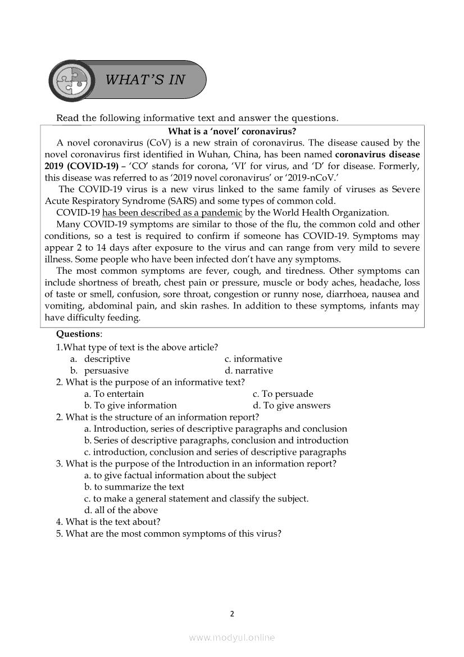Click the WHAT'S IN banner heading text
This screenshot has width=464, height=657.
pyautogui.click(x=145, y=80)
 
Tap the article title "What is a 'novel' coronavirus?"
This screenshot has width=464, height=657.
pyautogui.click(x=232, y=132)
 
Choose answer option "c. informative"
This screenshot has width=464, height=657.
pyautogui.click(x=253, y=359)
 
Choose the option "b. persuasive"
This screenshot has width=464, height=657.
pyautogui.click(x=99, y=371)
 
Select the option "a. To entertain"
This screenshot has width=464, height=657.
pyautogui.click(x=114, y=394)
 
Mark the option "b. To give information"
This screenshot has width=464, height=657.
pyautogui.click(x=130, y=406)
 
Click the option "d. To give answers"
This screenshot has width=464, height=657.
pyautogui.click(x=292, y=406)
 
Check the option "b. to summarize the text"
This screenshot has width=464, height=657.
pyautogui.click(x=134, y=487)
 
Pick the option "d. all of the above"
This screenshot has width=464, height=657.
pyautogui.click(x=121, y=510)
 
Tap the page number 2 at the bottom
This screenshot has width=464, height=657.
pyautogui.click(x=231, y=614)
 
